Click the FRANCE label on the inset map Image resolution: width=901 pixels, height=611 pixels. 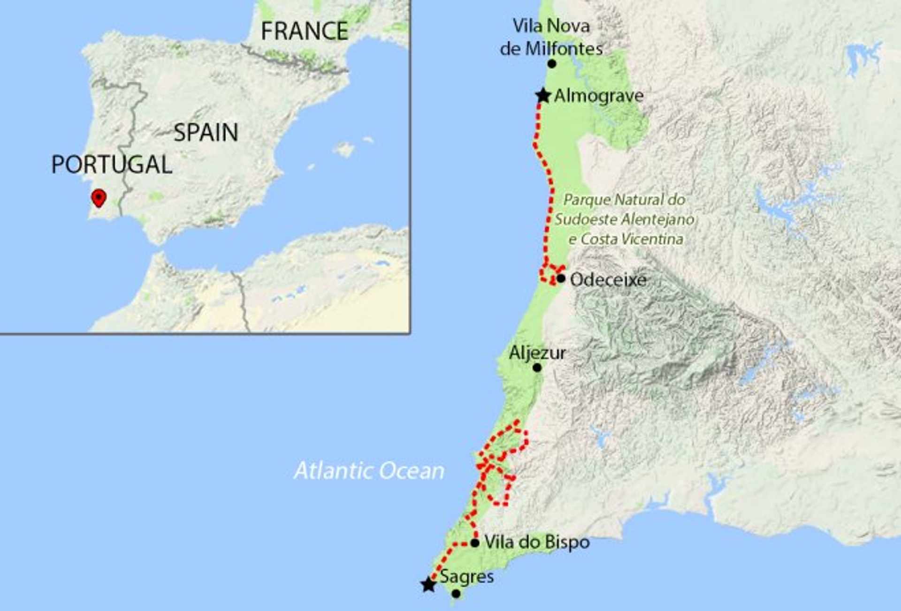(x=304, y=31)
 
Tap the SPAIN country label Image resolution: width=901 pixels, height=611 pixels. (x=206, y=133)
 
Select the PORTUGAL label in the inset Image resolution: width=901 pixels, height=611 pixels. (x=112, y=165)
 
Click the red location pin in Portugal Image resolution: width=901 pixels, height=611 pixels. (x=99, y=197)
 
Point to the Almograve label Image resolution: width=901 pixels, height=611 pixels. (x=599, y=96)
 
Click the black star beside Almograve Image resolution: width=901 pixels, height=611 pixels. (x=543, y=96)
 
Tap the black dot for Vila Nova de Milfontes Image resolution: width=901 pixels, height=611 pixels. (x=552, y=64)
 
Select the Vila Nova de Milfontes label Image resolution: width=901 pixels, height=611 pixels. (x=551, y=37)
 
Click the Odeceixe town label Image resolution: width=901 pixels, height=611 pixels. (x=608, y=280)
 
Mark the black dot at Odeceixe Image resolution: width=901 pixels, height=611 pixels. (x=561, y=279)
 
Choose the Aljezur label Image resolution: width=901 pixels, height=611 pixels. (x=537, y=353)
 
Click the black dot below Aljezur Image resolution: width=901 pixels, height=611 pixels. (x=537, y=368)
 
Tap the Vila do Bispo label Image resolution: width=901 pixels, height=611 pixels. (x=537, y=543)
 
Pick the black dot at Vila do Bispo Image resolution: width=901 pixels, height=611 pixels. (x=475, y=543)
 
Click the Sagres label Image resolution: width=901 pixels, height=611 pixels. (x=467, y=577)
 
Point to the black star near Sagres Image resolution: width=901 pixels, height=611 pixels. (x=428, y=585)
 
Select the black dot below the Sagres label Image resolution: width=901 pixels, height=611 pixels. (x=456, y=594)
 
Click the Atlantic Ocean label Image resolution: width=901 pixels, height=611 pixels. (x=369, y=471)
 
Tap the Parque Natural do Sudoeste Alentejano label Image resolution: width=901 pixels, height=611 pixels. (x=625, y=219)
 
